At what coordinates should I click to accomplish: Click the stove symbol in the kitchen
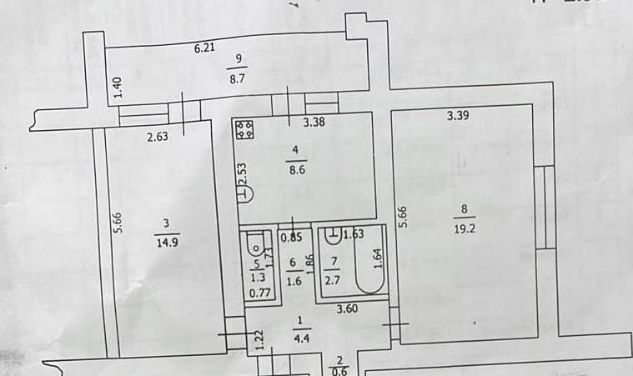pos(245,129)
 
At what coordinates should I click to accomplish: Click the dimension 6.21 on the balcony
pos(205,48)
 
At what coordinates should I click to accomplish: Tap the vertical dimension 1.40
pos(118,86)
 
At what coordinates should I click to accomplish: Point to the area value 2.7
pos(334,280)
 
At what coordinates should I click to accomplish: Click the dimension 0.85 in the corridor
pos(289,238)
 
